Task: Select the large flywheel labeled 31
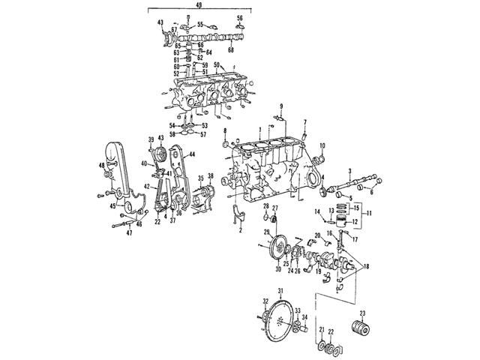coord(278,319)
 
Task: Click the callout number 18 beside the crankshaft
coord(365,266)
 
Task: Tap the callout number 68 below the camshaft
coord(230,50)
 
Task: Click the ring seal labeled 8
coord(223,142)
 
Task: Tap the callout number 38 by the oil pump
coord(211,177)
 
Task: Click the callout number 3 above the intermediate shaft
coord(349,171)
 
